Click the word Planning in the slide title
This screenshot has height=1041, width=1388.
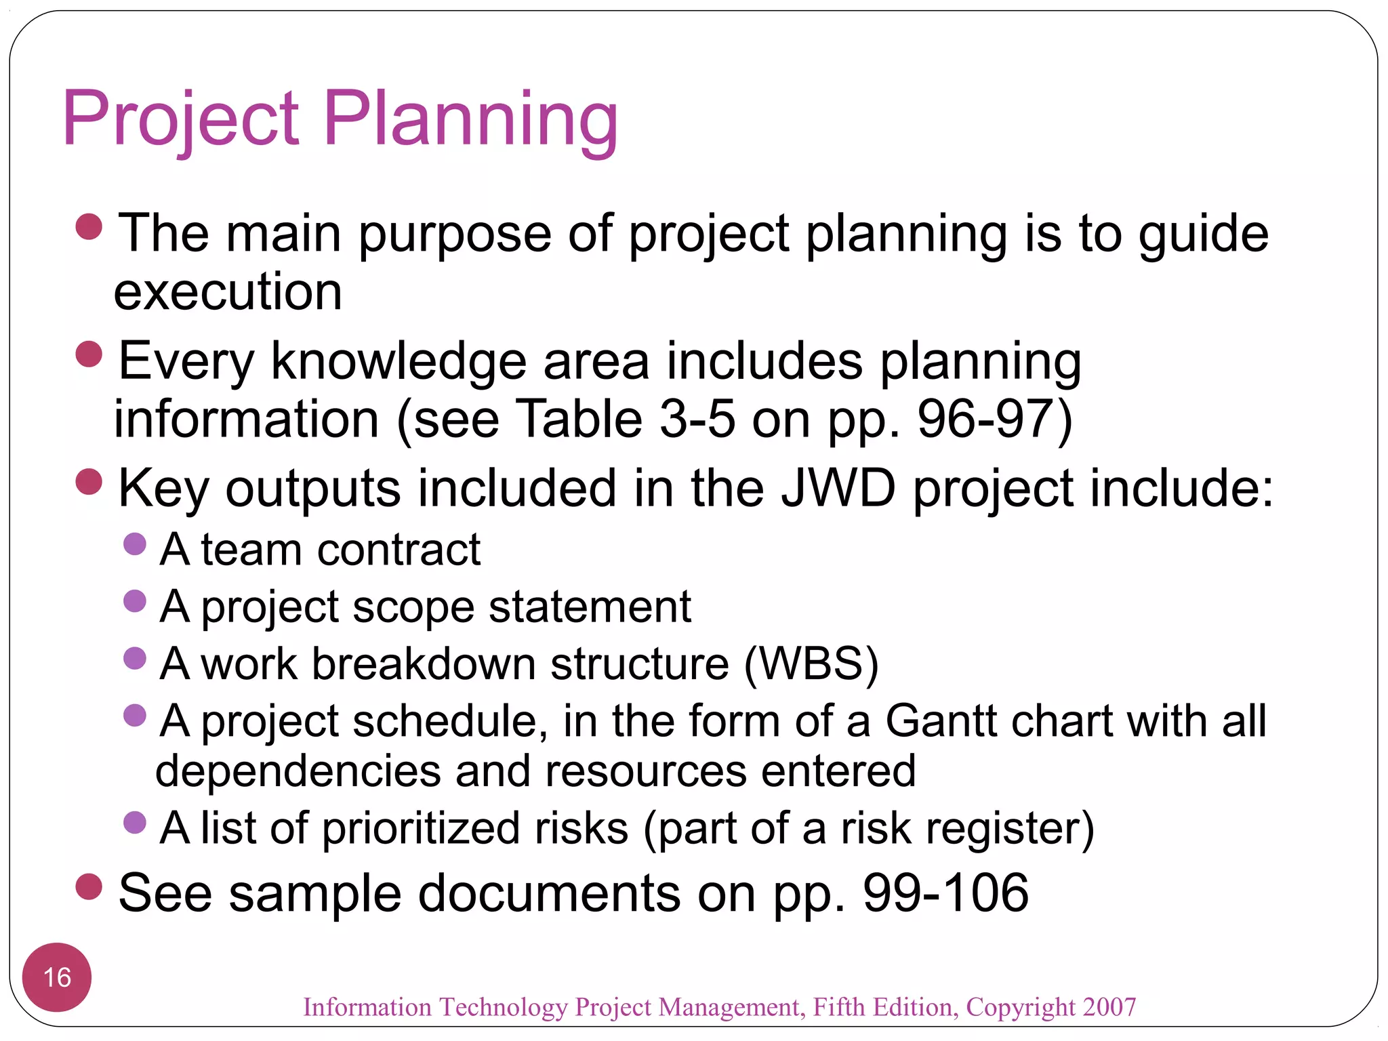(470, 121)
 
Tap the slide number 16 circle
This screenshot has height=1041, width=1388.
(57, 977)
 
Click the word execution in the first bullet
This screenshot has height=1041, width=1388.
(228, 293)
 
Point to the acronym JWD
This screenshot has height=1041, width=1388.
(838, 488)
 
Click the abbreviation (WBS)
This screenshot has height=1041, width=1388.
(811, 664)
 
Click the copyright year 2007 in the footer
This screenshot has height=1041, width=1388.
(1109, 1007)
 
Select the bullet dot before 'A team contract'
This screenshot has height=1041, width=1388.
(136, 544)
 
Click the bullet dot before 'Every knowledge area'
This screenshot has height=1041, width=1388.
(89, 354)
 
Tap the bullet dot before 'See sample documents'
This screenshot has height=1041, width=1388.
(89, 886)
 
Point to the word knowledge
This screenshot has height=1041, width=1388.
(399, 361)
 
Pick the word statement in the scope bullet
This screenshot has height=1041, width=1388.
(590, 607)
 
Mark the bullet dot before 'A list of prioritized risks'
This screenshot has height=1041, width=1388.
(136, 822)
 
